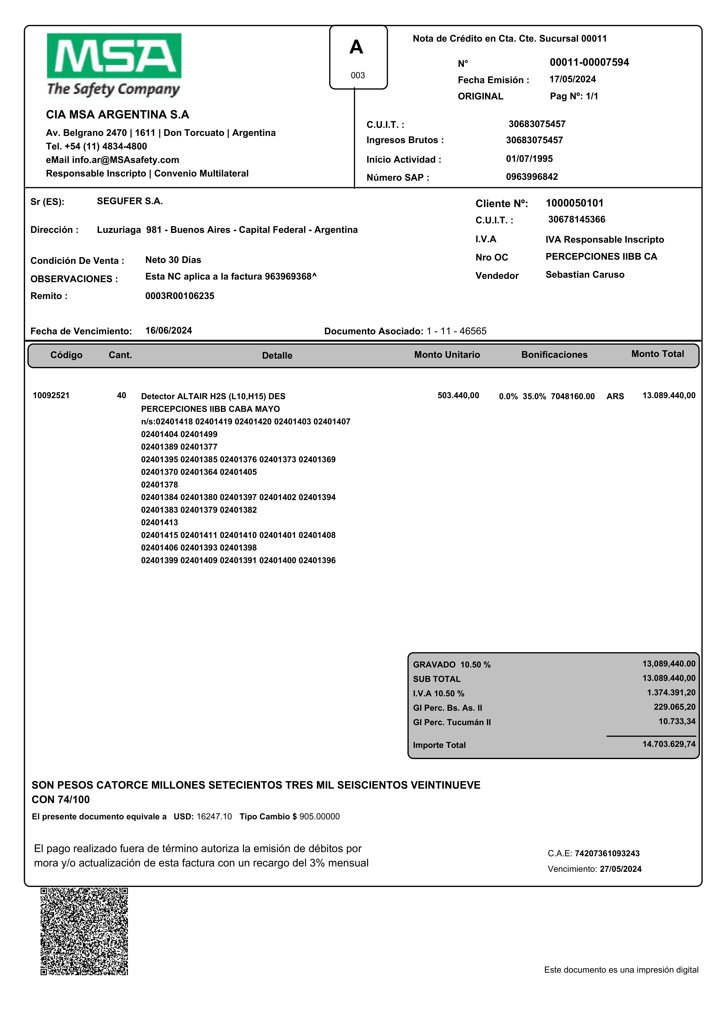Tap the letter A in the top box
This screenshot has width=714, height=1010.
coord(356,47)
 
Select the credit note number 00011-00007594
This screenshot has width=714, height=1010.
coord(589,62)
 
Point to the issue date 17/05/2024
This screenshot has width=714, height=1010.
coord(572,79)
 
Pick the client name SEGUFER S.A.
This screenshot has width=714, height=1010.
coord(130,201)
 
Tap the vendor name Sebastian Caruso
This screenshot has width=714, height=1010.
coord(585,275)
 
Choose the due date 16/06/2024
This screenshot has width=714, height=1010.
coord(168,330)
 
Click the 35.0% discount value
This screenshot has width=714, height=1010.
coord(534,396)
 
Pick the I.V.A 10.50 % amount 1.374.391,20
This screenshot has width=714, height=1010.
coord(671,692)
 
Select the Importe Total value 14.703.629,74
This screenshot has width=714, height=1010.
coord(669,744)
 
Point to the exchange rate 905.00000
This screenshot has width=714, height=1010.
coord(320,816)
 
